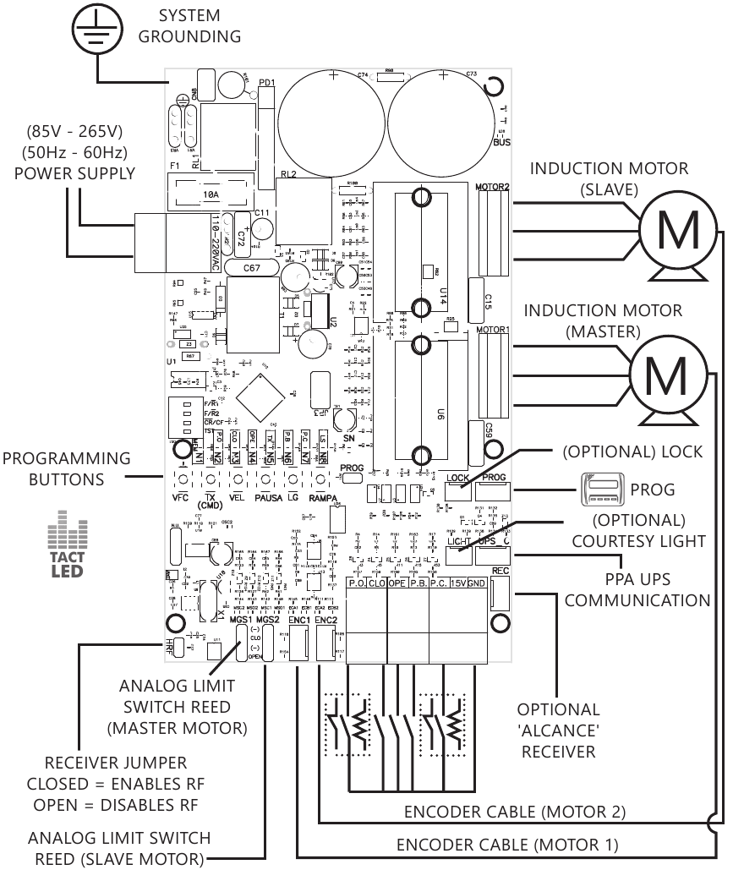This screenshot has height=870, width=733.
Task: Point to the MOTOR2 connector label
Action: click(x=493, y=186)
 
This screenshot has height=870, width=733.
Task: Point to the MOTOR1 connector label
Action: click(x=493, y=329)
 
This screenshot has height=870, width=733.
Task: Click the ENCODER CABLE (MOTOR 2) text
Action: click(x=515, y=813)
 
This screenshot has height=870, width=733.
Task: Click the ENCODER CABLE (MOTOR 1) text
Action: click(x=507, y=844)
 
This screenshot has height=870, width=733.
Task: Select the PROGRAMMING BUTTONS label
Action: click(x=66, y=468)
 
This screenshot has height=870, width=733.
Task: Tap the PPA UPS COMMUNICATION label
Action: click(x=637, y=591)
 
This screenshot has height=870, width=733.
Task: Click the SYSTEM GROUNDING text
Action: click(x=189, y=26)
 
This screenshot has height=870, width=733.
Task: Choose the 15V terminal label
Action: click(x=457, y=583)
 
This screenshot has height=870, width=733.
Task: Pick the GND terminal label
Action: click(x=477, y=583)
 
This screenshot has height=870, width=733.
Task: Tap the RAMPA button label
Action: click(x=323, y=498)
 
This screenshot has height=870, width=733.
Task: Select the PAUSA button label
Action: click(x=268, y=498)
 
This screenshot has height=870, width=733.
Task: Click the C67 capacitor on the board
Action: click(x=251, y=268)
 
